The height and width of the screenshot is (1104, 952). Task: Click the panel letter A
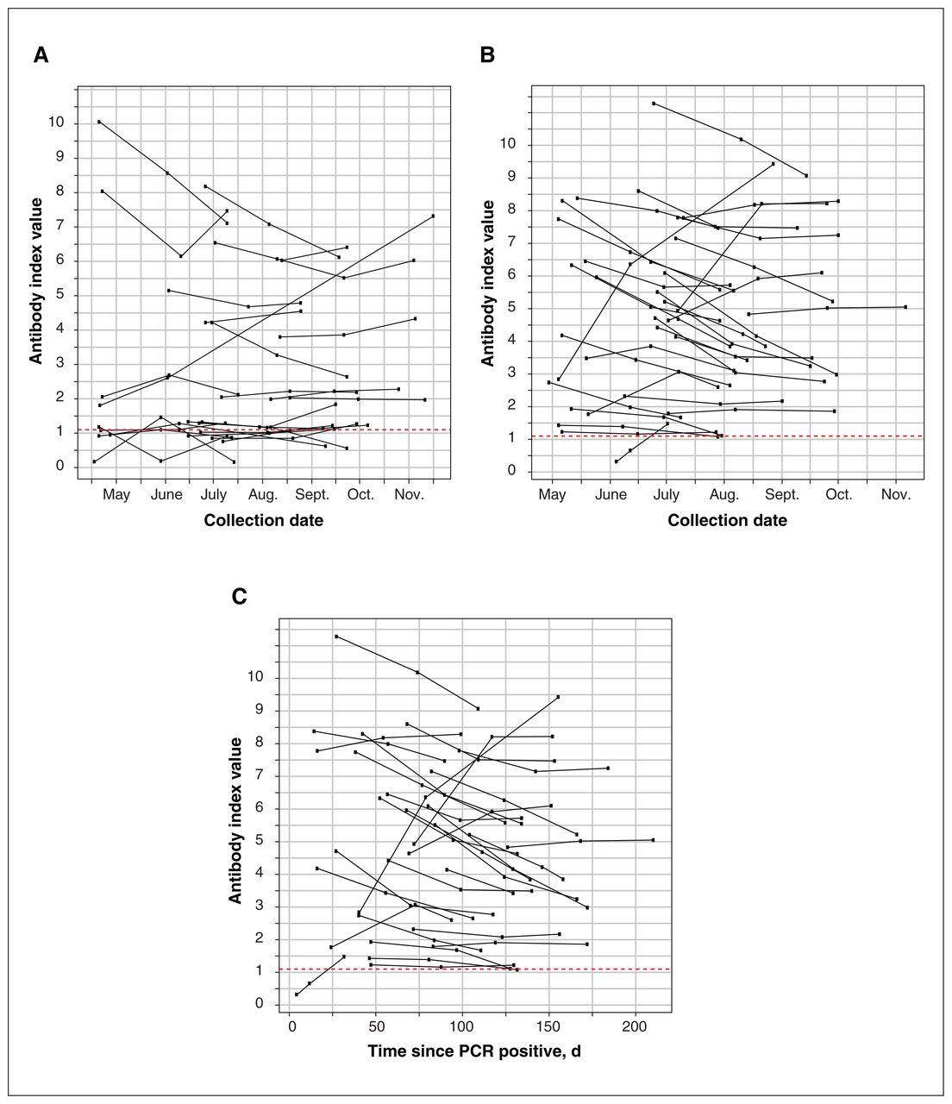tap(41, 55)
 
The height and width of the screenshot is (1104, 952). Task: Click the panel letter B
tap(487, 55)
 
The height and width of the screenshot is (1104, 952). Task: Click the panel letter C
tap(239, 596)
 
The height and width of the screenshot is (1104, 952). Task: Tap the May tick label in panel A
tap(116, 494)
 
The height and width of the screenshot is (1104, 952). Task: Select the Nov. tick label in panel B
tap(895, 494)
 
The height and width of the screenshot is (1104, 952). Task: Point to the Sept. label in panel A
tap(312, 494)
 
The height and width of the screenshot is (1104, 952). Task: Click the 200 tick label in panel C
tap(636, 1026)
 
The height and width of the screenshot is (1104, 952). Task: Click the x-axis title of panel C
tap(474, 1051)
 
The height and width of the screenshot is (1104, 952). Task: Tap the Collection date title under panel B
tap(727, 520)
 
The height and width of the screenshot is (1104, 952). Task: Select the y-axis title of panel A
tap(35, 281)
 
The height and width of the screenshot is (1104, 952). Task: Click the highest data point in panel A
tap(99, 122)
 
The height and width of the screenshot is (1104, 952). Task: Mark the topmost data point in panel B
tap(654, 103)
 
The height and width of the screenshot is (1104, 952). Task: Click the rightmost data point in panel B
tap(905, 306)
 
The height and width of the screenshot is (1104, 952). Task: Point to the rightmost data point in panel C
tap(653, 839)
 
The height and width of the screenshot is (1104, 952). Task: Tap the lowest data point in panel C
tap(297, 994)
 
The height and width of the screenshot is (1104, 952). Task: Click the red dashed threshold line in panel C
tap(475, 969)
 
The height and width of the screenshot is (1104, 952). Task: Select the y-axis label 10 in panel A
tap(55, 122)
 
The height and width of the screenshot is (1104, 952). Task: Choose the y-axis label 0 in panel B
tap(511, 471)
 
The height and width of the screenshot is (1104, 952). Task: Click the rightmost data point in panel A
tap(433, 216)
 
